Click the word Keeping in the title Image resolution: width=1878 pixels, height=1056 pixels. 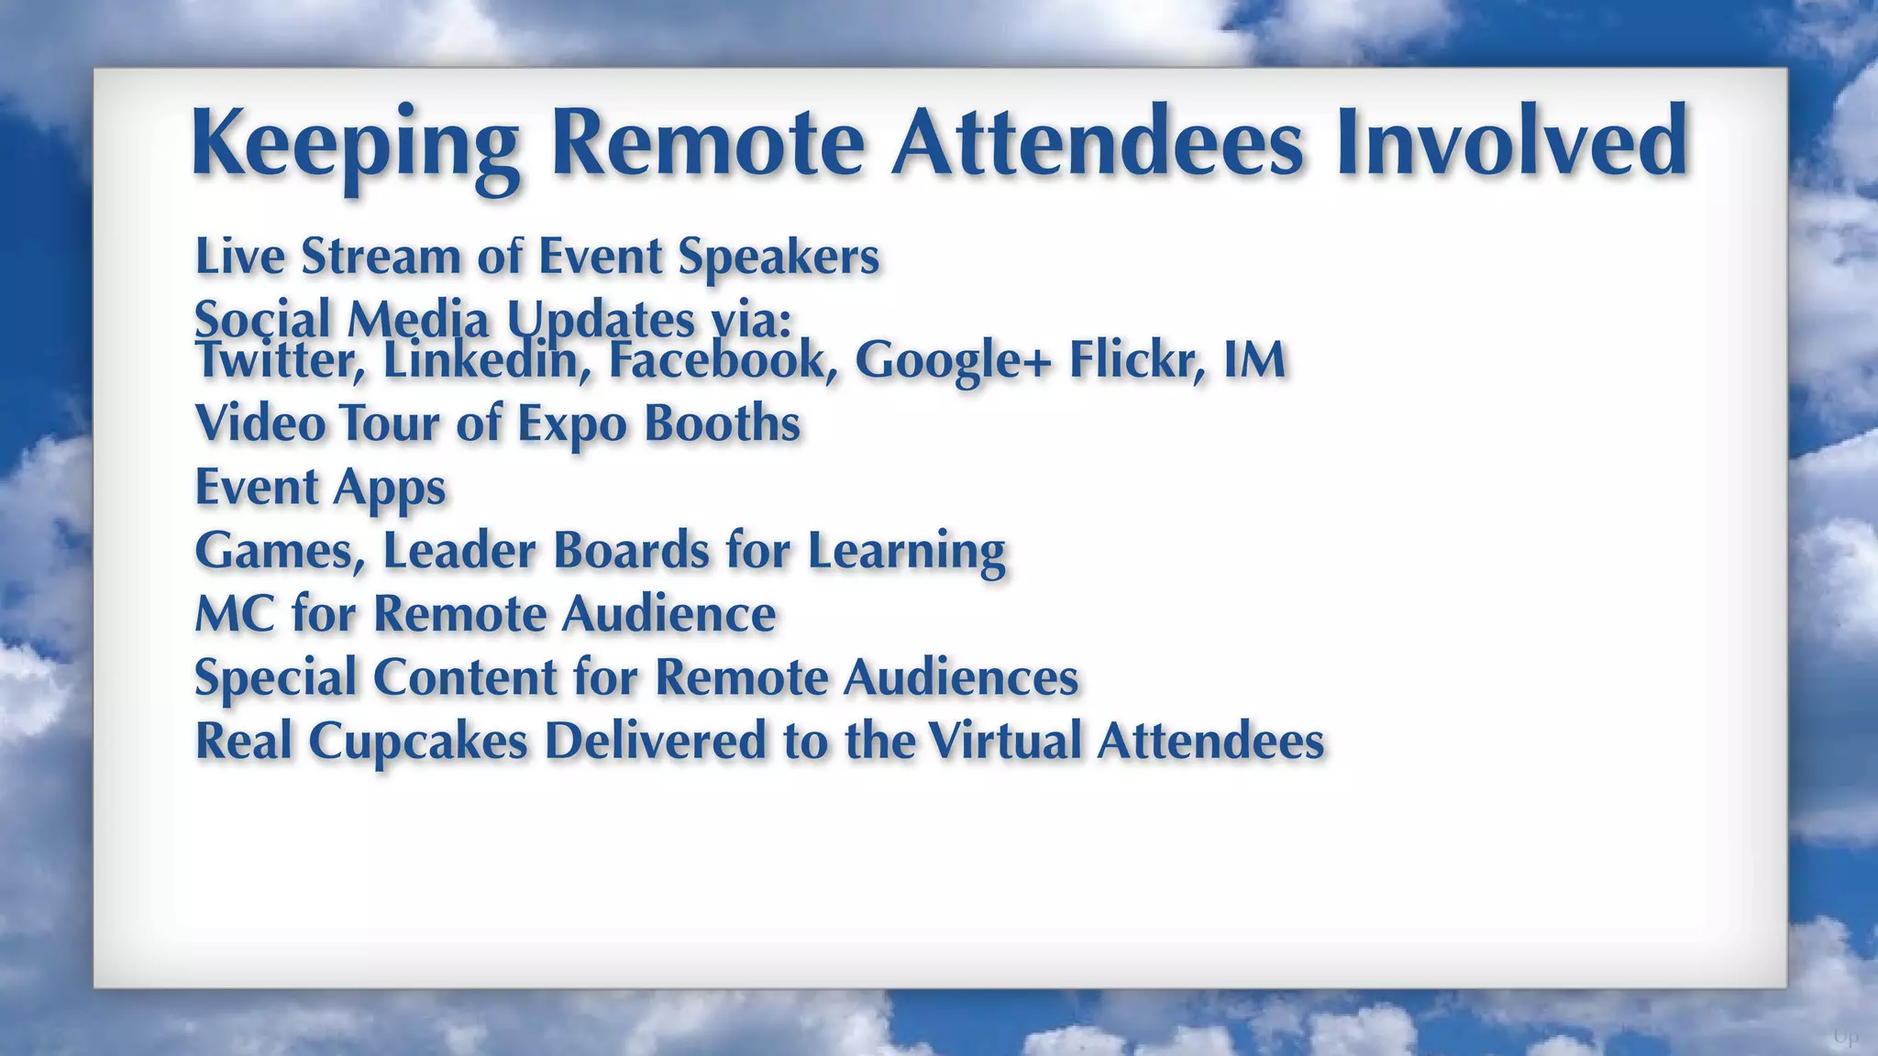(355, 145)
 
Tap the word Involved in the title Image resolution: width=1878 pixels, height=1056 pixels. (1510, 143)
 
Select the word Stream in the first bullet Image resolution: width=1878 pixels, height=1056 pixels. (381, 256)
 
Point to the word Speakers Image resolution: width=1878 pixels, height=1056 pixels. (779, 258)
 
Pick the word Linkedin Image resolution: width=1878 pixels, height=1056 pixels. (486, 360)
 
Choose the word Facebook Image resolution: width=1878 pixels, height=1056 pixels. (724, 360)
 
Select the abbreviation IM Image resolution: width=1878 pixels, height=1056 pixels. (1254, 359)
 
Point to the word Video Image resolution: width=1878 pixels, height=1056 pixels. (261, 423)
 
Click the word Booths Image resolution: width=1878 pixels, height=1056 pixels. (722, 423)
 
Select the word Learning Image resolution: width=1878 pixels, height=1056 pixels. (906, 551)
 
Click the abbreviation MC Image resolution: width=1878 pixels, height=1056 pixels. (235, 613)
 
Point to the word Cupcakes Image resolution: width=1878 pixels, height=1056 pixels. (418, 742)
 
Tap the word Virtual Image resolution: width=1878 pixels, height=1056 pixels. (1005, 741)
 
